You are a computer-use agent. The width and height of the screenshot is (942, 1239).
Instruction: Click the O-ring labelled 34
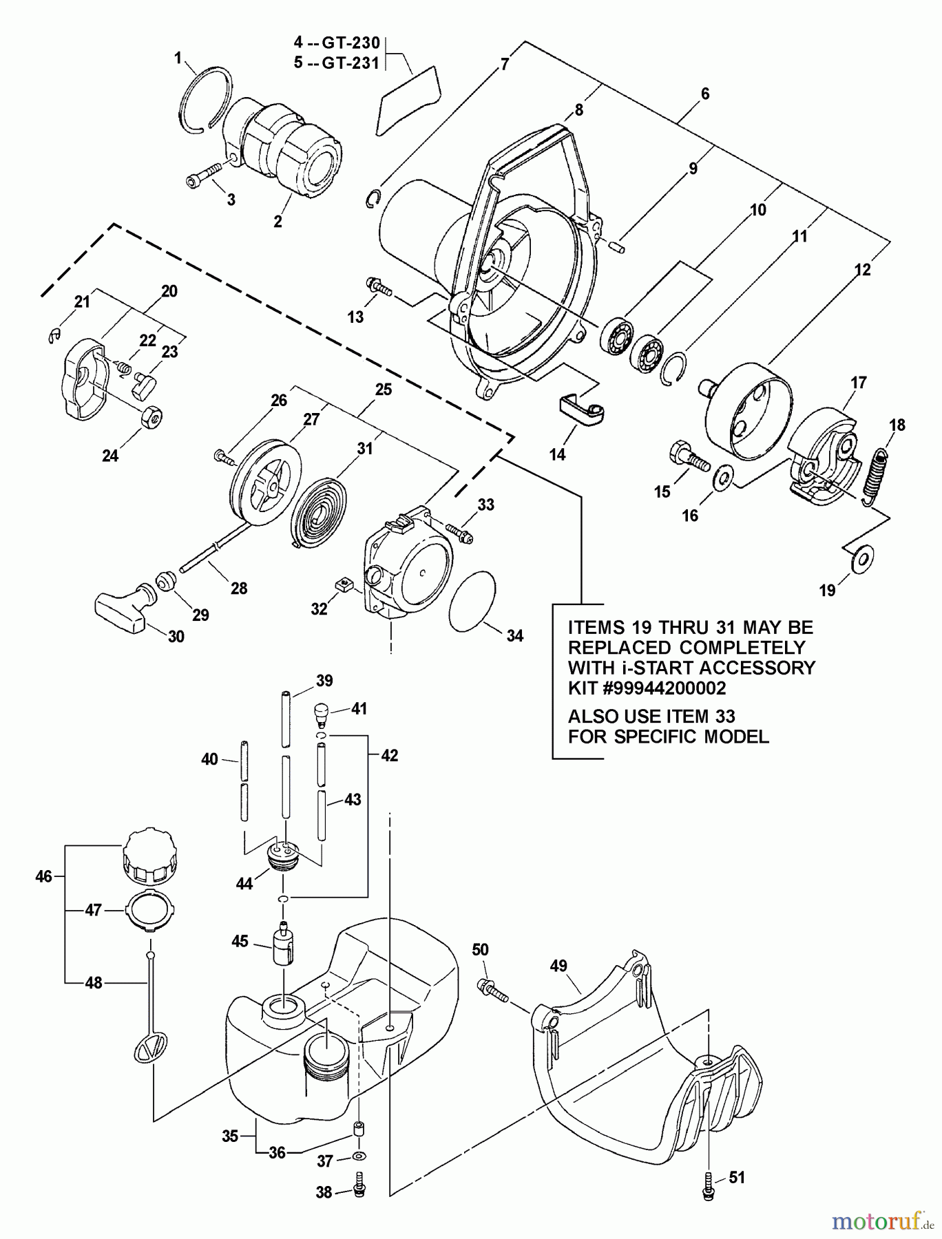[473, 600]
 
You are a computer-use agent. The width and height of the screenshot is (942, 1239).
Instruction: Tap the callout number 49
[558, 966]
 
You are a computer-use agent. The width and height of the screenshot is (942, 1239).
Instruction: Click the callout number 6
[704, 94]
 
